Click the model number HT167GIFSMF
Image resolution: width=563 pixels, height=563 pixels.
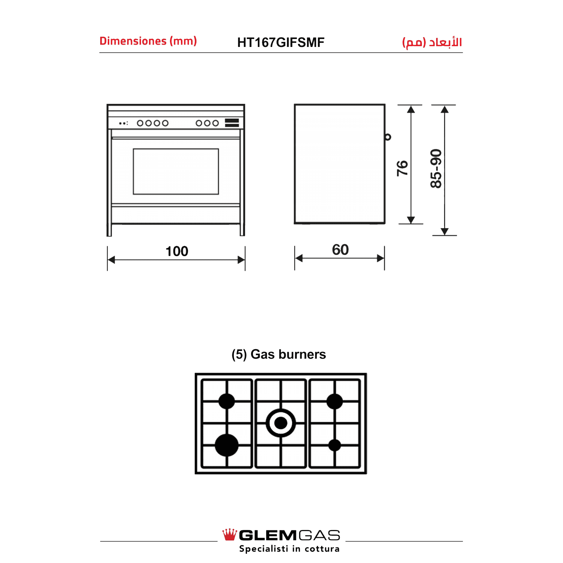pyautogui.click(x=281, y=42)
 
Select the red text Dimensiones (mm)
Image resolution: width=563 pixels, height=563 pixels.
pyautogui.click(x=148, y=41)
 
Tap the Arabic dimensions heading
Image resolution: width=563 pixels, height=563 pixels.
pyautogui.click(x=432, y=42)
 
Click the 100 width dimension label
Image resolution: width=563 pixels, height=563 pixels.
pyautogui.click(x=177, y=251)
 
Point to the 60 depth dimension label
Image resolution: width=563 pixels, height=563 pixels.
pyautogui.click(x=340, y=250)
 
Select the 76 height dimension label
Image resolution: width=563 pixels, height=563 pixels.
pyautogui.click(x=402, y=168)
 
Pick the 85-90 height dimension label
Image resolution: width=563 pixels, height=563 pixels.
pyautogui.click(x=436, y=169)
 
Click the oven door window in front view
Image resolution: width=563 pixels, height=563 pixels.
pyautogui.click(x=176, y=172)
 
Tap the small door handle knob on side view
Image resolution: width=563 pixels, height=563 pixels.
pyautogui.click(x=388, y=137)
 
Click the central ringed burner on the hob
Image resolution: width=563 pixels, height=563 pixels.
pyautogui.click(x=281, y=423)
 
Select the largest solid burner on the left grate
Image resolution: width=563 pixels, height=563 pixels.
pyautogui.click(x=227, y=445)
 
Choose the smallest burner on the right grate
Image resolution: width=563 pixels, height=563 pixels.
pyautogui.click(x=334, y=445)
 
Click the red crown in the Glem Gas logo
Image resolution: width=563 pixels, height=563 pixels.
pyautogui.click(x=230, y=534)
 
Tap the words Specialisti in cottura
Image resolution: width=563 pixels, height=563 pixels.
pyautogui.click(x=289, y=549)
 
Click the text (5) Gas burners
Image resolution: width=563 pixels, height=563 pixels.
pyautogui.click(x=279, y=354)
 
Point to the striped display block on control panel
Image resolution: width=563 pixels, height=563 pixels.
pyautogui.click(x=232, y=123)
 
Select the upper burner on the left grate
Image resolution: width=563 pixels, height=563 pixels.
pyautogui.click(x=227, y=401)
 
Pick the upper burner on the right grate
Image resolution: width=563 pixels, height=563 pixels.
pyautogui.click(x=334, y=401)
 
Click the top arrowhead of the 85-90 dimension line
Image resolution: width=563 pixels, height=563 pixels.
pyautogui.click(x=445, y=109)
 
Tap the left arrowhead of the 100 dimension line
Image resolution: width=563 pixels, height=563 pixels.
pyautogui.click(x=111, y=260)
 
